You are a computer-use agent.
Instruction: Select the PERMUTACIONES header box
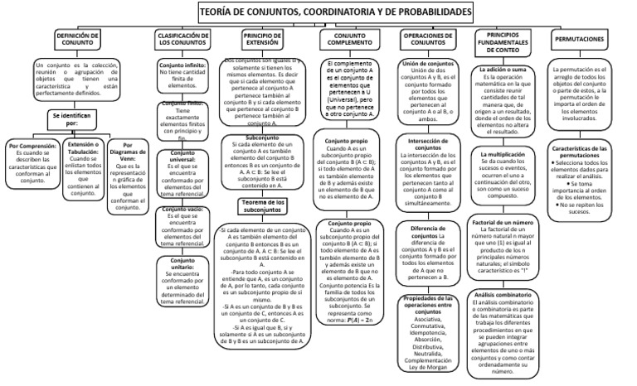tap(590, 40)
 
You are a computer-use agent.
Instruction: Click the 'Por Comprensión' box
tap(32, 166)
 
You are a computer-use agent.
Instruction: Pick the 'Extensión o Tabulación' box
tap(87, 166)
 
